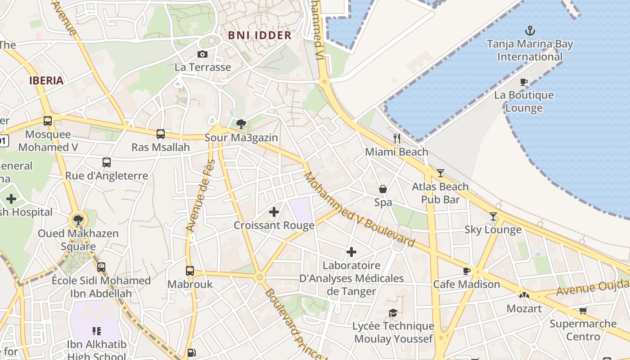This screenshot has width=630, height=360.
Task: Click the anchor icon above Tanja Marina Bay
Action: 530,31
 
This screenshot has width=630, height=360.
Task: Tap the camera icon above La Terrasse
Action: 202,54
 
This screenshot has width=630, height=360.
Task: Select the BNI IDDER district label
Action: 260,36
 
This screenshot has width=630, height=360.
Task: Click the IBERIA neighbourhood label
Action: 46,81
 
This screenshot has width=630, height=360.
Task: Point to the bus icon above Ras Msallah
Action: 161,134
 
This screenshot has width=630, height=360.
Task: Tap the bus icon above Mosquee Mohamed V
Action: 48,121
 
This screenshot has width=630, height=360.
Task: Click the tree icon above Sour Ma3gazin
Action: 241,124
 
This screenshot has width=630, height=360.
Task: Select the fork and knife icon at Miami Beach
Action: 396,138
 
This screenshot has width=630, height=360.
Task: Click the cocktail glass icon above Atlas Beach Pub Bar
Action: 440,173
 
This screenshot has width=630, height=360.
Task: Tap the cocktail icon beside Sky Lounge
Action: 493,216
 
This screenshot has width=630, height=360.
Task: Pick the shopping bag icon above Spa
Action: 383,189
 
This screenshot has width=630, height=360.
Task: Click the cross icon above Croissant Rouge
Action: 274,212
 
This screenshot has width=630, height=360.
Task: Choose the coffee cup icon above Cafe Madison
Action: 467,271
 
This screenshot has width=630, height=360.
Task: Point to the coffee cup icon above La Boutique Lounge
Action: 523,82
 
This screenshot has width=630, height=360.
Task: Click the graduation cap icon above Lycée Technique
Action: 393,313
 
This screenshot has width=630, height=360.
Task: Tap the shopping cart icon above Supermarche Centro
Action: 583,310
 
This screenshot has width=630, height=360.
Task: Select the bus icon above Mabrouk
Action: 190,271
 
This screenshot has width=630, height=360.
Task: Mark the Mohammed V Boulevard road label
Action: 359,210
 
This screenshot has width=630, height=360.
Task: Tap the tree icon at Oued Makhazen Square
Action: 78,220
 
